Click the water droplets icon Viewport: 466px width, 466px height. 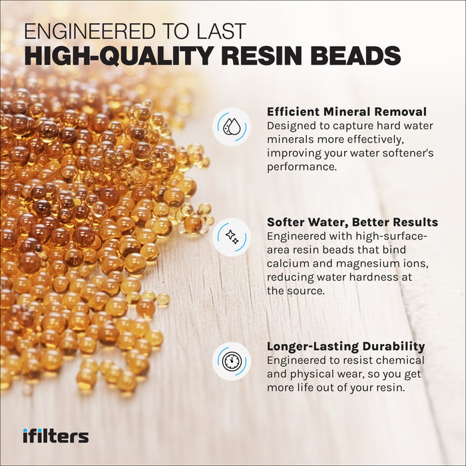tap(232, 126)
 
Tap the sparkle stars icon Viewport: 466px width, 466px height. tap(232, 236)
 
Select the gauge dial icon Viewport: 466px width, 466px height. tap(232, 361)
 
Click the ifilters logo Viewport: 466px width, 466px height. tap(55, 436)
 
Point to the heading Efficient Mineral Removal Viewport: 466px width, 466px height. tap(347, 112)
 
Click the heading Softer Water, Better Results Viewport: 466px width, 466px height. tap(352, 222)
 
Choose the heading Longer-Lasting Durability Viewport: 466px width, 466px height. tap(346, 346)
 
